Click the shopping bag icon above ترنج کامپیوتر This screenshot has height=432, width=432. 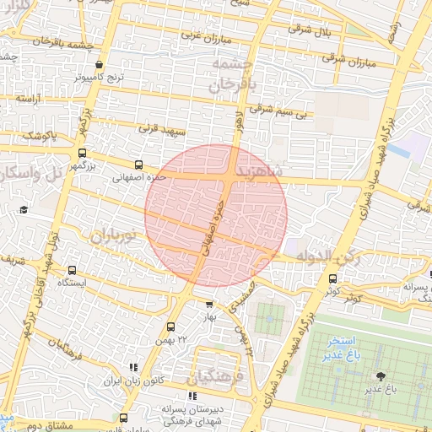tap(100, 64)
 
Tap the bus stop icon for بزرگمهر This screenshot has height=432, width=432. tap(82, 154)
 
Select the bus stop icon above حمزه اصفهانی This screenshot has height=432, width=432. tap(138, 165)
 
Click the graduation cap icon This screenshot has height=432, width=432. tap(24, 208)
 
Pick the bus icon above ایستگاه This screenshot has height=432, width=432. tap(72, 271)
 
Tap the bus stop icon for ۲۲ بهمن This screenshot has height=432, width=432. tap(171, 327)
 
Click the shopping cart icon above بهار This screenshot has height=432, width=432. tap(209, 304)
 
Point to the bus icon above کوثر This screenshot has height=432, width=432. tap(332, 278)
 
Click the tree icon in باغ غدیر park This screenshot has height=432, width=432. tap(382, 375)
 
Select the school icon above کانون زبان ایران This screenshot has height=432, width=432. tap(132, 368)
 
